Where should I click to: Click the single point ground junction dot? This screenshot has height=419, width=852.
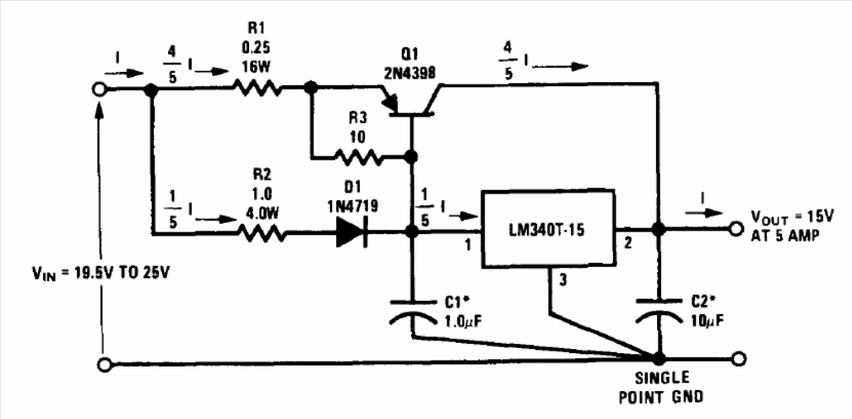pos(657,359)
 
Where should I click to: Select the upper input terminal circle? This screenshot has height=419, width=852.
pos(100,88)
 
